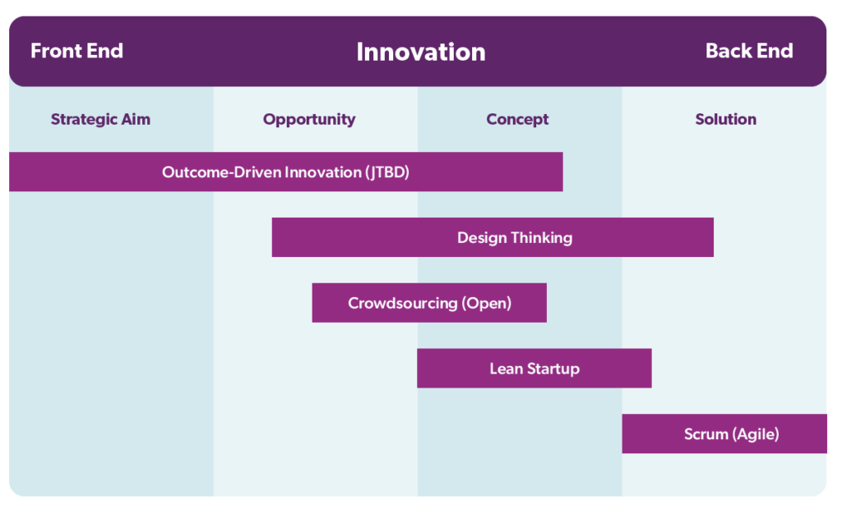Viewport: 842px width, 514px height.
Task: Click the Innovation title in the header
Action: click(420, 52)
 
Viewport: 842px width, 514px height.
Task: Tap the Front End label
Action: click(76, 51)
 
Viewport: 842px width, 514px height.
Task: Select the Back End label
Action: click(748, 51)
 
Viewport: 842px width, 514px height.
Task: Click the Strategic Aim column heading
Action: click(100, 119)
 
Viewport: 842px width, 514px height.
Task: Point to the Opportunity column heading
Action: click(309, 119)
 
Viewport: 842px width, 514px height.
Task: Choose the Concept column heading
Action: click(517, 119)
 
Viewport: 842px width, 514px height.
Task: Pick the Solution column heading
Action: click(725, 119)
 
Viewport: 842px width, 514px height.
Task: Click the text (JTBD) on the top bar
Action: click(386, 172)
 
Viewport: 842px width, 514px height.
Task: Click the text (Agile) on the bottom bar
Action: click(755, 434)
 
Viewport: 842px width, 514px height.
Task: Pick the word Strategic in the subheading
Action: click(80, 119)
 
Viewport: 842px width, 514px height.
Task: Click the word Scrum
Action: click(706, 434)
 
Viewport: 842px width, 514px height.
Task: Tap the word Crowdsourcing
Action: click(402, 303)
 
